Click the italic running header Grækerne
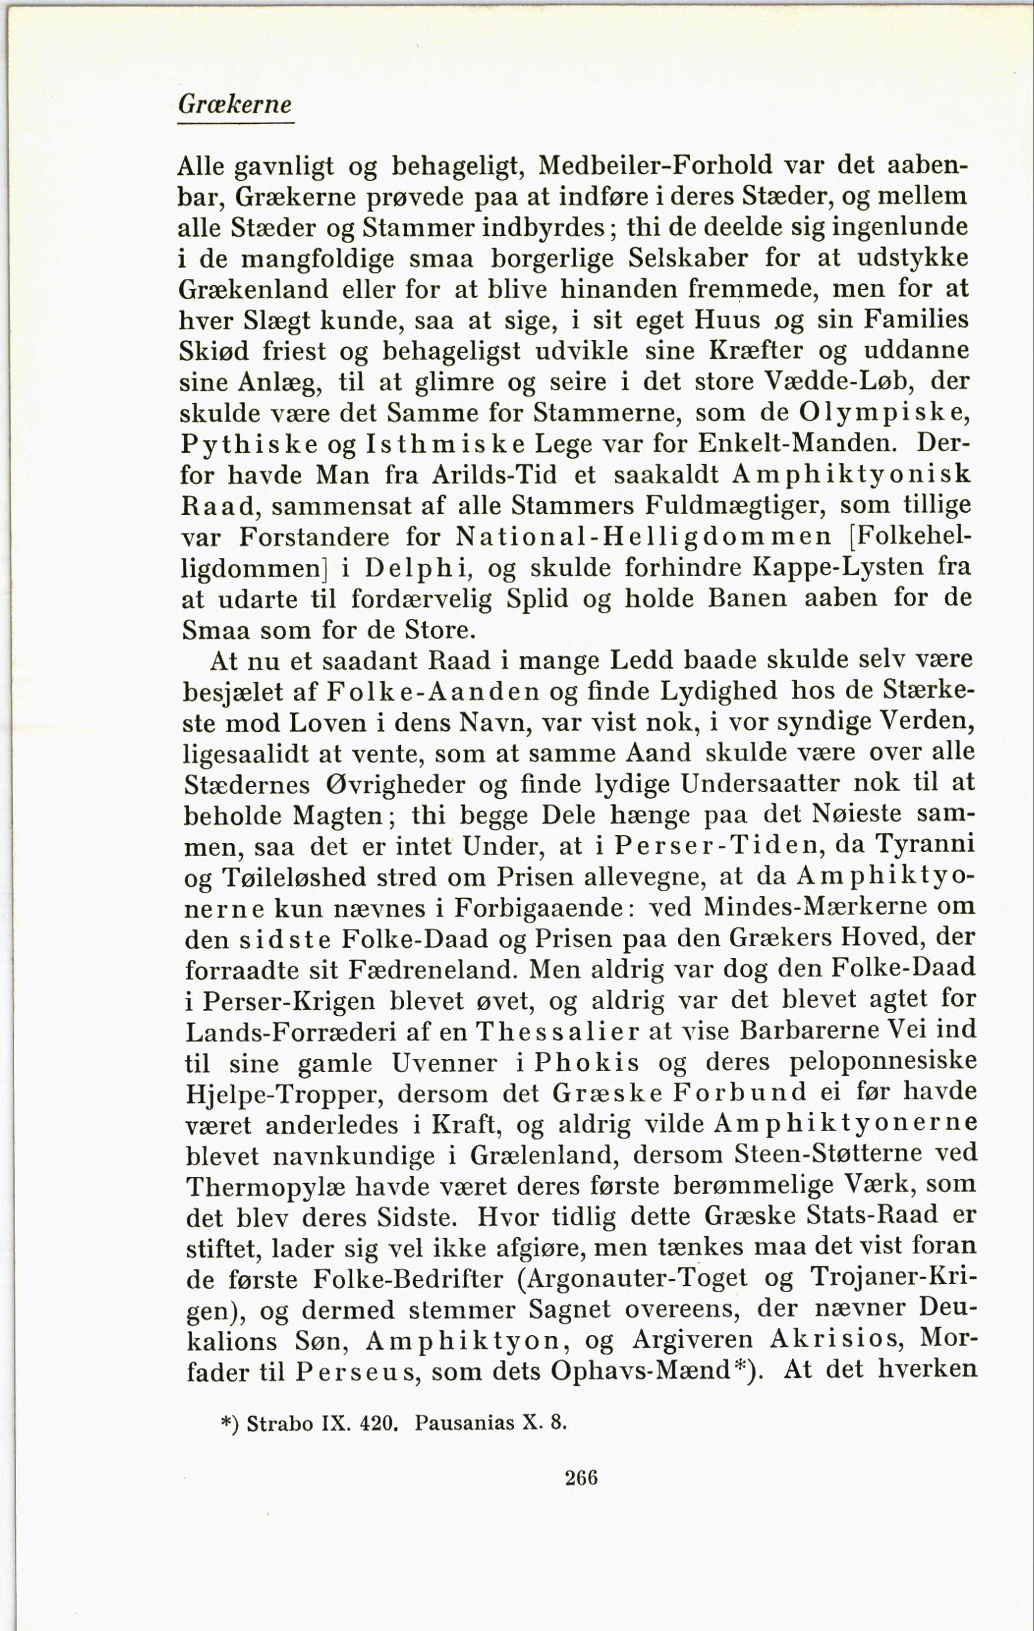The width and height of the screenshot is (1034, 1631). point(234,104)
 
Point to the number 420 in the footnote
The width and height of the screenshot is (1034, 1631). point(376,1422)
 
